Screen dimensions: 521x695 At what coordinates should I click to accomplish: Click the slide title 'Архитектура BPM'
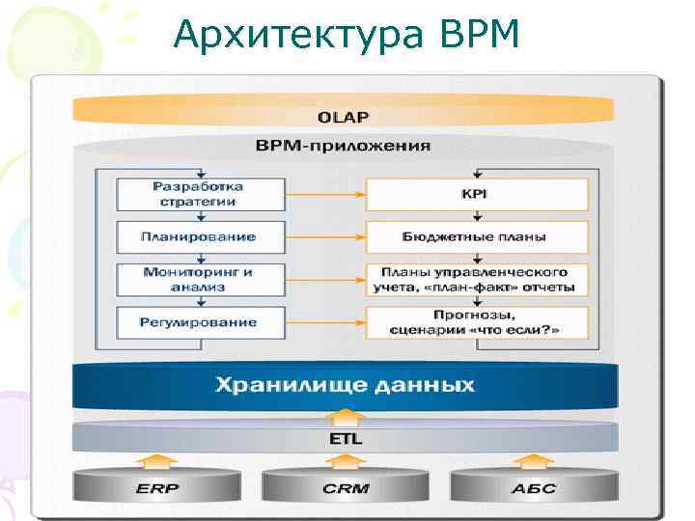347,35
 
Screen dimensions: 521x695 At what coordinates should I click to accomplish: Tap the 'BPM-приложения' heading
344,147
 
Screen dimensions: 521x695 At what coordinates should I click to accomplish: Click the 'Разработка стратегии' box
201,194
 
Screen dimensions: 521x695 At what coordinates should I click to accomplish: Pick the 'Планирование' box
201,236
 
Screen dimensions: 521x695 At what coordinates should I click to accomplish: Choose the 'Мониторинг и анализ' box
201,279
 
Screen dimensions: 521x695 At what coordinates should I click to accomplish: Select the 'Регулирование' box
201,321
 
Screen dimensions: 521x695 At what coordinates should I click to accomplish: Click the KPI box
477,194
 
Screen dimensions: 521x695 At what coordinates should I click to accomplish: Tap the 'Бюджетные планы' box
477,236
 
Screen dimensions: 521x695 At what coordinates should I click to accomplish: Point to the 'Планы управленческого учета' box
477,279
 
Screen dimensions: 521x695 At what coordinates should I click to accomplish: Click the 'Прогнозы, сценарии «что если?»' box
477,321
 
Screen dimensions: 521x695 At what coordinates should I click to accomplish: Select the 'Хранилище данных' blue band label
344,385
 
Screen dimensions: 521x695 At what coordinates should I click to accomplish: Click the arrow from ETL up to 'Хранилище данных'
344,418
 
